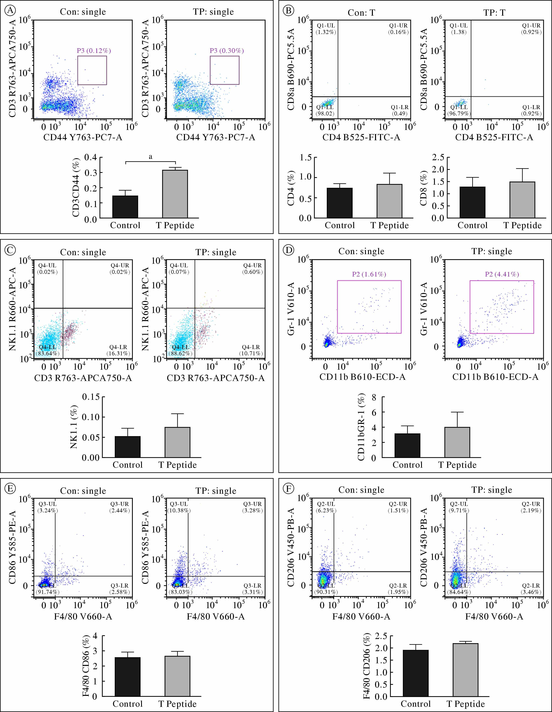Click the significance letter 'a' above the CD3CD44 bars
150,157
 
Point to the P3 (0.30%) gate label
227,51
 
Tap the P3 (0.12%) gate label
94,51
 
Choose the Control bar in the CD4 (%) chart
340,203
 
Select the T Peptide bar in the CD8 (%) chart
522,199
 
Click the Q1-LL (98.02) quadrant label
326,110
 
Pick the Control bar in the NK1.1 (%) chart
128,447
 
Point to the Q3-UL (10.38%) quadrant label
179,507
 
